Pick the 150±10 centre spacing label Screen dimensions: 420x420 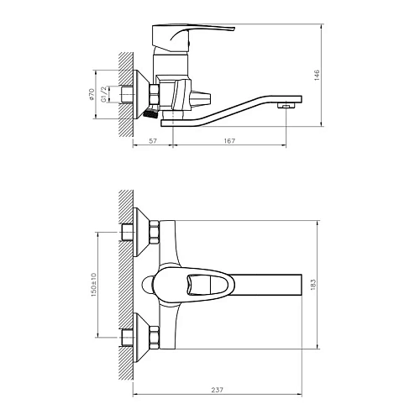95,285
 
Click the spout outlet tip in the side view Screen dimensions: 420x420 289,106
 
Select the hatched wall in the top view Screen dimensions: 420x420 125,286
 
